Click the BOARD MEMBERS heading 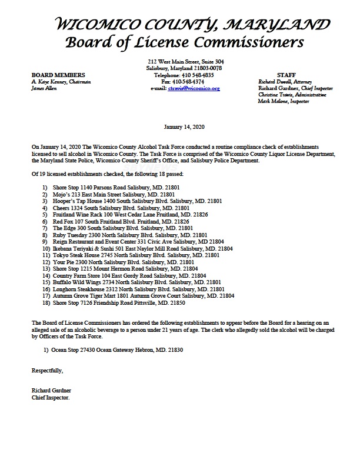58,75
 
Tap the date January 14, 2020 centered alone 180,127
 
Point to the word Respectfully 48,371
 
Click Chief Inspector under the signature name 51,397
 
